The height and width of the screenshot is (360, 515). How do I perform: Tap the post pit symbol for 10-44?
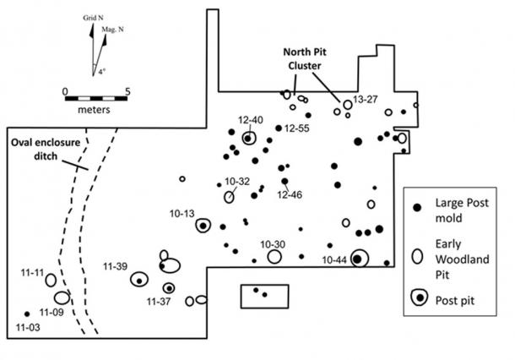click(x=359, y=259)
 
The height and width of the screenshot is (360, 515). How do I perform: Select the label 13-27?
click(x=366, y=101)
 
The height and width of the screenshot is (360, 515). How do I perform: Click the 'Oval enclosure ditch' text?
click(x=46, y=143)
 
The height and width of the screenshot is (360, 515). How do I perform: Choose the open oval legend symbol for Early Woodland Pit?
click(x=415, y=254)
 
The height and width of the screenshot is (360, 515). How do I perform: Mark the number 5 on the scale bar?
click(x=127, y=90)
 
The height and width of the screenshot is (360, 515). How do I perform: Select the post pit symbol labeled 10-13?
click(x=203, y=225)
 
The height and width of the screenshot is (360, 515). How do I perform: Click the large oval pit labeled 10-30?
click(x=274, y=257)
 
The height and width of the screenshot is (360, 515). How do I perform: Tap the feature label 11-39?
click(x=116, y=267)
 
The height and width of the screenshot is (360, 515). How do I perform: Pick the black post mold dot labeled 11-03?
click(x=27, y=314)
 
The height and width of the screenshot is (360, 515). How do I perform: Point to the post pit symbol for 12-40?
click(x=248, y=138)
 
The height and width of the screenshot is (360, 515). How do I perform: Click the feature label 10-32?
click(x=237, y=182)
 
